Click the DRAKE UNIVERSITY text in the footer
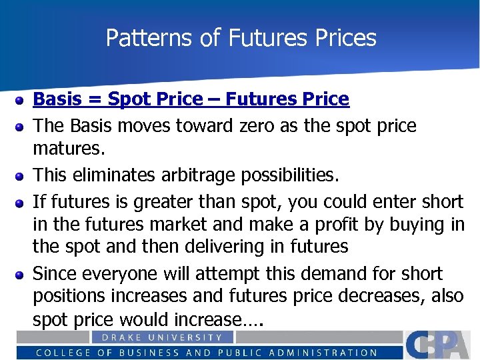point(162,337)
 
